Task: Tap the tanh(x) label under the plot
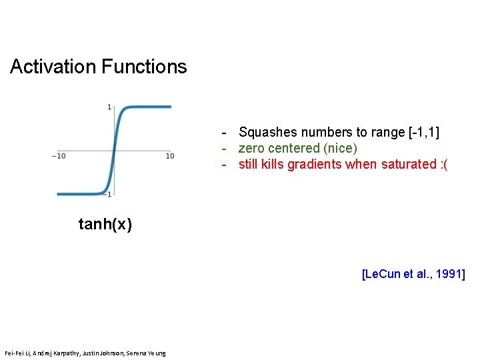click(x=105, y=225)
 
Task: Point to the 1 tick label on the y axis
click(x=109, y=107)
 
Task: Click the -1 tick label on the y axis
click(x=108, y=193)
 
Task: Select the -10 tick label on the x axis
click(x=58, y=156)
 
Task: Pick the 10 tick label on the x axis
click(x=170, y=156)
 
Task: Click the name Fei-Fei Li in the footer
click(x=17, y=353)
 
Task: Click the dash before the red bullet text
click(x=226, y=164)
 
